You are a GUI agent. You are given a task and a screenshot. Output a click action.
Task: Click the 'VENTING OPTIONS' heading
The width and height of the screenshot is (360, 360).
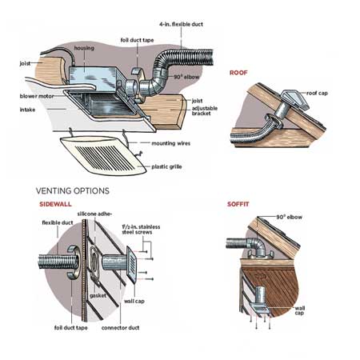[x=73, y=191]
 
